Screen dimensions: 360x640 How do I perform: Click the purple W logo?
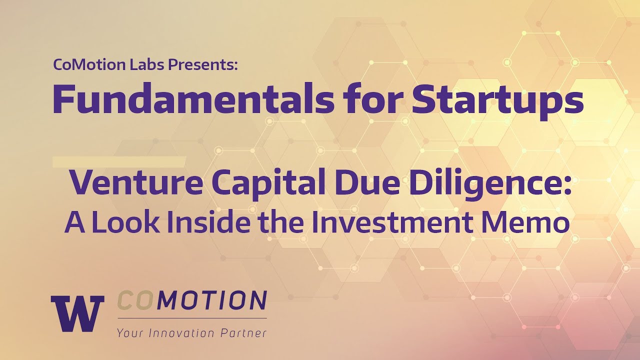click(77, 313)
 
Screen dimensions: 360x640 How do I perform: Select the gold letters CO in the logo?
click(133, 301)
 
